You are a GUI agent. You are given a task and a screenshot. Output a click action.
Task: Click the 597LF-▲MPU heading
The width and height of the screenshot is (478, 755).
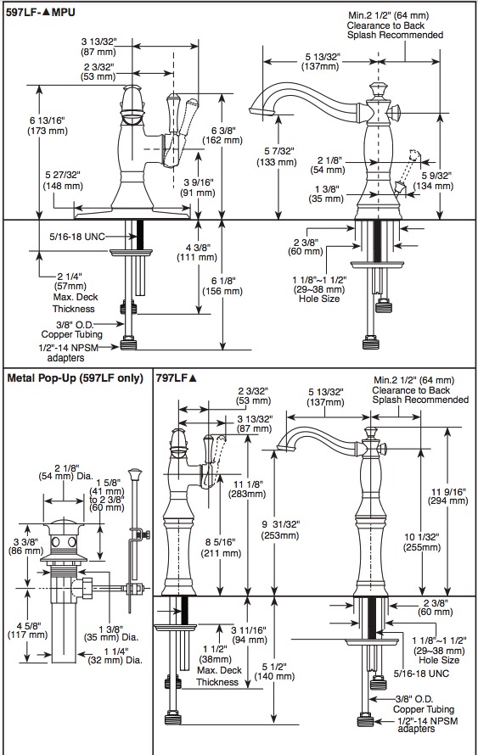tap(41, 12)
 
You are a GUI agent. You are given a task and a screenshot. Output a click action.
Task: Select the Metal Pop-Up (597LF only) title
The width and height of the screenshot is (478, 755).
tap(76, 378)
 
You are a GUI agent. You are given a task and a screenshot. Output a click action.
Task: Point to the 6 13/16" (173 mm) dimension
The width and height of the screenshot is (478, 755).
tap(48, 126)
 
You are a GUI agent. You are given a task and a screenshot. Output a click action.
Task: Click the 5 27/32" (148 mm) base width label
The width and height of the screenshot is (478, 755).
tap(63, 180)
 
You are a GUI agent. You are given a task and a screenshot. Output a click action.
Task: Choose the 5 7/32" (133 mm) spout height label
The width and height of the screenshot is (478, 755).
tap(276, 157)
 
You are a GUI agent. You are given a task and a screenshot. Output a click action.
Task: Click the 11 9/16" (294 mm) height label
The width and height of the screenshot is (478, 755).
tap(449, 496)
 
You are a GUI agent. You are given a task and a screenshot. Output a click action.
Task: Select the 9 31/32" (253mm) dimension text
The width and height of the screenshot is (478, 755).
tap(280, 529)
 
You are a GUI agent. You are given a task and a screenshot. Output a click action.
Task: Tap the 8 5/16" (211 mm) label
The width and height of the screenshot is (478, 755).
tap(222, 548)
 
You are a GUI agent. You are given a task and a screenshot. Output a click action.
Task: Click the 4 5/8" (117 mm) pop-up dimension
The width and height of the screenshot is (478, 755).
tap(28, 630)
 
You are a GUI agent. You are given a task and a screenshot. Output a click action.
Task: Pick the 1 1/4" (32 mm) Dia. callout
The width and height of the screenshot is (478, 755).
tap(115, 656)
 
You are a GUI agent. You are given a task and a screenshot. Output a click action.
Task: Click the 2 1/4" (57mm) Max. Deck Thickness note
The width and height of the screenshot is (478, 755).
tap(73, 293)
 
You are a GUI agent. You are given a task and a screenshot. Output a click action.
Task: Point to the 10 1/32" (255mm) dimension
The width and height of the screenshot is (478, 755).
tap(422, 542)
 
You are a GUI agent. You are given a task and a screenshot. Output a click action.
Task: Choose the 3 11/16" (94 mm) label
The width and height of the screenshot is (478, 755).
tap(249, 635)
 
